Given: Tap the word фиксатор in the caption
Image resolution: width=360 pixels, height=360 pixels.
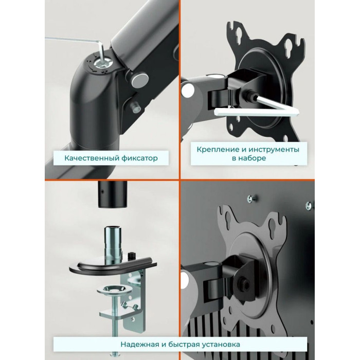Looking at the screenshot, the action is [139, 158].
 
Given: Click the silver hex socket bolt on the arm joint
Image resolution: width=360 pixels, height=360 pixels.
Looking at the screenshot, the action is [102, 62].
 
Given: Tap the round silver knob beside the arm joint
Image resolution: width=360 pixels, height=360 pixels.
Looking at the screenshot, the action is [139, 79].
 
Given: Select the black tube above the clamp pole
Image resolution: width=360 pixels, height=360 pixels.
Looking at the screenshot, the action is [113, 194].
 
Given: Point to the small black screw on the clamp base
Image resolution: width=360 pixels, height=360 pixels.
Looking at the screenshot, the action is [131, 255].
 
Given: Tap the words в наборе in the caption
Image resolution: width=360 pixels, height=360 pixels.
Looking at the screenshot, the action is [249, 158].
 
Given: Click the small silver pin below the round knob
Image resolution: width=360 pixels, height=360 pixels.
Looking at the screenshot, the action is [135, 107].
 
